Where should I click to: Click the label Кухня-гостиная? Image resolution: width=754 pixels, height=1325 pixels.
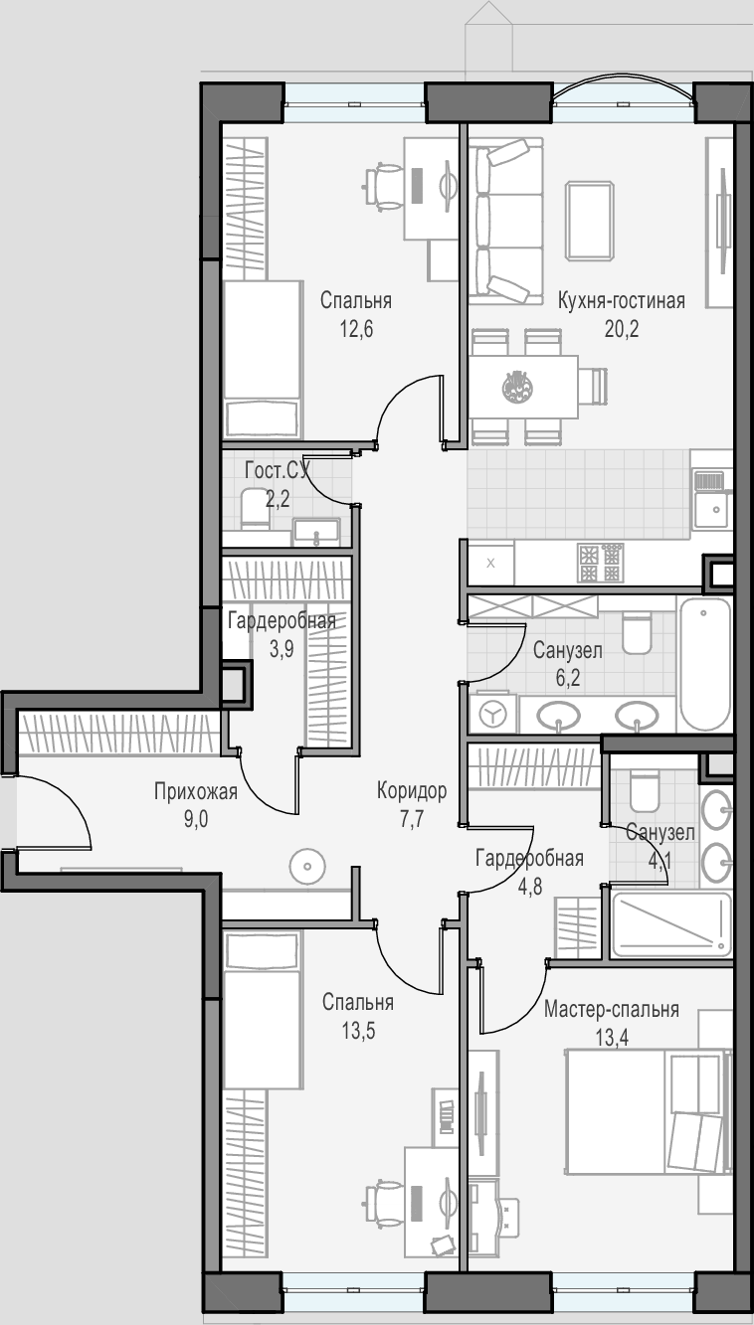pyautogui.click(x=622, y=301)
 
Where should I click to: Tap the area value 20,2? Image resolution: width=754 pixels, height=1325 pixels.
pyautogui.click(x=622, y=329)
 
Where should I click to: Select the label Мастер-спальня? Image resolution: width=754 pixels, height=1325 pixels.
pyautogui.click(x=612, y=1009)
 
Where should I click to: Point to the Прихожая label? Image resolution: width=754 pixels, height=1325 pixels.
pyautogui.click(x=196, y=791)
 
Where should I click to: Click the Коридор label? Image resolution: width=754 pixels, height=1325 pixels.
pyautogui.click(x=412, y=790)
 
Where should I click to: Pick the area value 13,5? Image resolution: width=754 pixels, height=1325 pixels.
pyautogui.click(x=358, y=1031)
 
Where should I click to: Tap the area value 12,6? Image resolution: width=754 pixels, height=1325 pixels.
pyautogui.click(x=356, y=329)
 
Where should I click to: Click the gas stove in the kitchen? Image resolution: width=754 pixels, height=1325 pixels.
pyautogui.click(x=601, y=563)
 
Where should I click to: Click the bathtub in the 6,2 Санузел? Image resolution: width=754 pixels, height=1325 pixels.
pyautogui.click(x=704, y=665)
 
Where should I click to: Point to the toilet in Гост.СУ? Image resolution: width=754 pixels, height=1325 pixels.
pyautogui.click(x=255, y=508)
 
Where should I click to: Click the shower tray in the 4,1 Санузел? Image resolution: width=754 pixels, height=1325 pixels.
pyautogui.click(x=671, y=924)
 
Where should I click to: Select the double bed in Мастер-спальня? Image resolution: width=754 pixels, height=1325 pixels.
pyautogui.click(x=649, y=1113)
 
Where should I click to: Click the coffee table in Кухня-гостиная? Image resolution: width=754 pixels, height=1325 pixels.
pyautogui.click(x=590, y=221)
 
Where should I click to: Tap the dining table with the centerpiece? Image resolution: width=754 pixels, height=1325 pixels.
pyautogui.click(x=524, y=387)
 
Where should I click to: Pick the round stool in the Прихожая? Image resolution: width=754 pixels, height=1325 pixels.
pyautogui.click(x=307, y=867)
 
